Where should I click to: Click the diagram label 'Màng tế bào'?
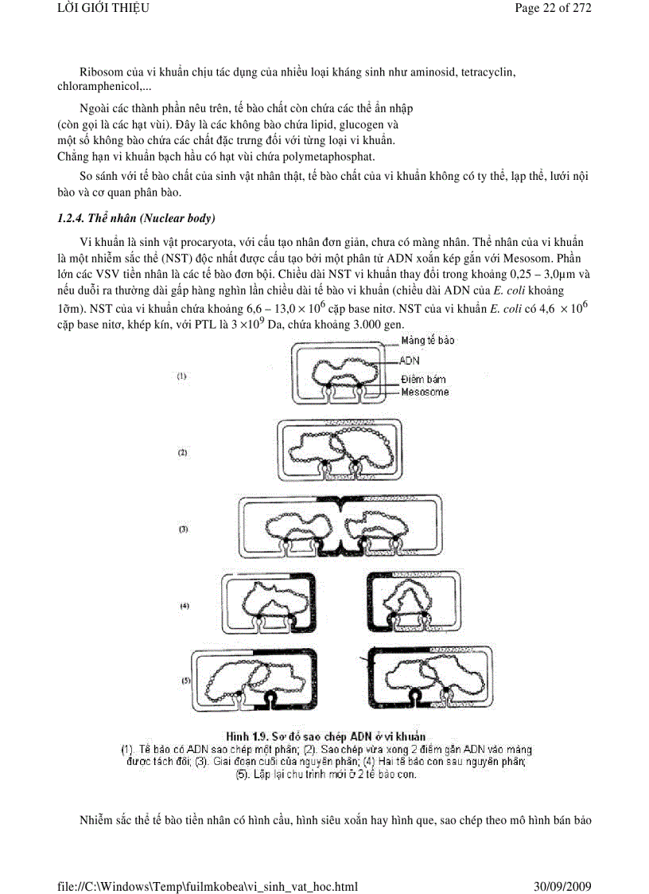click(x=428, y=341)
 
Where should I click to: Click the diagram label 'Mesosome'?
click(x=424, y=392)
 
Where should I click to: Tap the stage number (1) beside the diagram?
click(x=181, y=376)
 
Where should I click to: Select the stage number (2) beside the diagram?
click(x=182, y=451)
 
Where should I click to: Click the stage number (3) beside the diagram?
click(x=182, y=529)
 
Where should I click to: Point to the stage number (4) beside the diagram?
click(x=185, y=606)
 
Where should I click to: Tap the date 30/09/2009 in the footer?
click(x=562, y=885)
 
